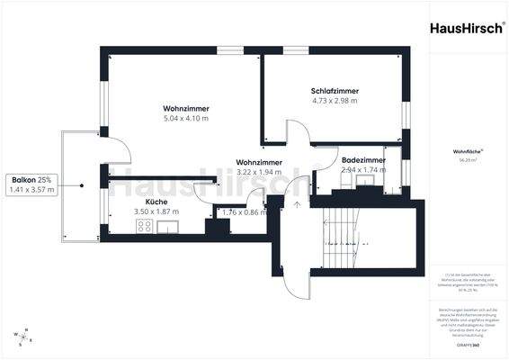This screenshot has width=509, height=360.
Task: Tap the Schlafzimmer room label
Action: pyautogui.click(x=335, y=91)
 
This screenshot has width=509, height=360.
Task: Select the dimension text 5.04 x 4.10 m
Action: pyautogui.click(x=186, y=118)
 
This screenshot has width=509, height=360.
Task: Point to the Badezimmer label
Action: pyautogui.click(x=364, y=160)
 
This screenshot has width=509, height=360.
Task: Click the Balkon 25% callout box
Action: pyautogui.click(x=31, y=184)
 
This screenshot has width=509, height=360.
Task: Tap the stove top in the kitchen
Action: pyautogui.click(x=143, y=227)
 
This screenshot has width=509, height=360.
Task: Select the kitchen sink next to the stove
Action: pyautogui.click(x=167, y=227)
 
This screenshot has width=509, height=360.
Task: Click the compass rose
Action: pyautogui.click(x=24, y=337)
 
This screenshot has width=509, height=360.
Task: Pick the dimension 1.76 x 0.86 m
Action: pyautogui.click(x=245, y=212)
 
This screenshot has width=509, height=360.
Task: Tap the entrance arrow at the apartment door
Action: pyautogui.click(x=295, y=205)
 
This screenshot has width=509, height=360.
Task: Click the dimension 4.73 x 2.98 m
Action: pyautogui.click(x=335, y=101)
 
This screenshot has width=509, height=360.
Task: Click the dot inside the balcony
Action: pyautogui.click(x=81, y=184)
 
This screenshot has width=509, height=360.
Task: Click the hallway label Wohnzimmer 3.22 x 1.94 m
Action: pyautogui.click(x=259, y=166)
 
